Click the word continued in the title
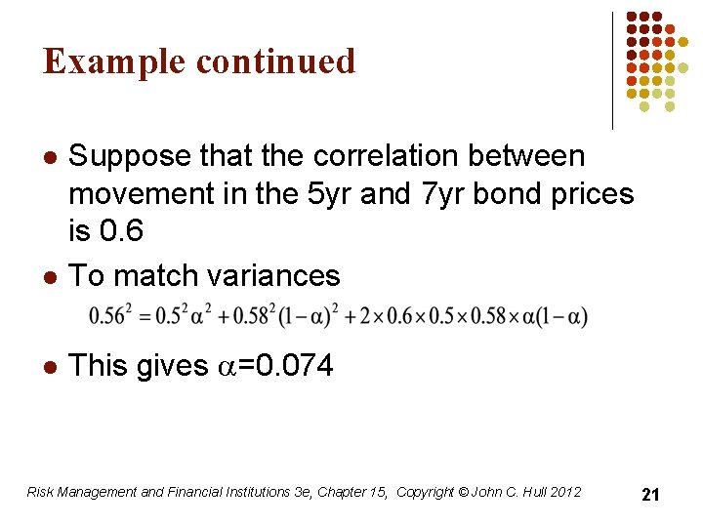(x=275, y=61)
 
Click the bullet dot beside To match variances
(x=50, y=276)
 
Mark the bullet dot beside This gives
(x=50, y=367)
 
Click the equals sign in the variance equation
(x=140, y=317)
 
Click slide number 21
(x=650, y=495)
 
